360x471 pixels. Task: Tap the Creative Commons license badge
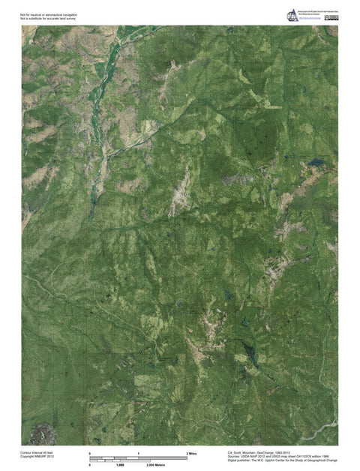click(x=332, y=17)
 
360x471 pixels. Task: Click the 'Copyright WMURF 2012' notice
click(x=36, y=457)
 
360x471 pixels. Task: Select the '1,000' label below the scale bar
click(x=118, y=466)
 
